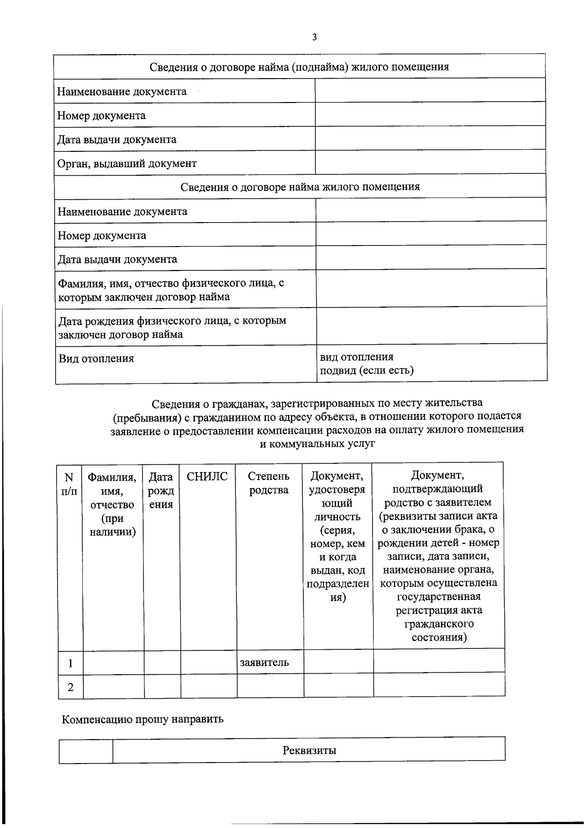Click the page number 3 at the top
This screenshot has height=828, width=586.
pyautogui.click(x=314, y=37)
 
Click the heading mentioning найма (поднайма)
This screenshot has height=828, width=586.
pyautogui.click(x=299, y=67)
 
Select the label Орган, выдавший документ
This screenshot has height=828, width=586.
pyautogui.click(x=127, y=164)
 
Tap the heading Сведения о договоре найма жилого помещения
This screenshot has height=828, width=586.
pyautogui.click(x=300, y=187)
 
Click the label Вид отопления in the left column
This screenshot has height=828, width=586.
pyautogui.click(x=96, y=359)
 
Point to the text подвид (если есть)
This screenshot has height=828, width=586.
pyautogui.click(x=367, y=371)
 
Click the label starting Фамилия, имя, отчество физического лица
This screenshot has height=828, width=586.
pyautogui.click(x=171, y=290)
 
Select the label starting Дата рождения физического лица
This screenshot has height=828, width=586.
pyautogui.click(x=172, y=328)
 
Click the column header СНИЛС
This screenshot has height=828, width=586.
pyautogui.click(x=208, y=477)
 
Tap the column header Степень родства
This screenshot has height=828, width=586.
pyautogui.click(x=269, y=483)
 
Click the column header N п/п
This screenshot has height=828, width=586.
pyautogui.click(x=69, y=484)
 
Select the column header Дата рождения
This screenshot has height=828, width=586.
pyautogui.click(x=161, y=491)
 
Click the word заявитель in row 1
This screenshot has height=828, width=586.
pyautogui.click(x=264, y=662)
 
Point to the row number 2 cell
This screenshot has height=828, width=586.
pyautogui.click(x=70, y=687)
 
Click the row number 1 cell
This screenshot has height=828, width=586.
pyautogui.click(x=70, y=663)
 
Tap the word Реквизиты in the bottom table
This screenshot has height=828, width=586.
pyautogui.click(x=309, y=750)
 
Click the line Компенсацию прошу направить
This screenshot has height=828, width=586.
pyautogui.click(x=143, y=719)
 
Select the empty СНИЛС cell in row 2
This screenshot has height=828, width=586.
pyautogui.click(x=209, y=686)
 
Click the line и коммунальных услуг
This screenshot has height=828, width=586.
pyautogui.click(x=317, y=443)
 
